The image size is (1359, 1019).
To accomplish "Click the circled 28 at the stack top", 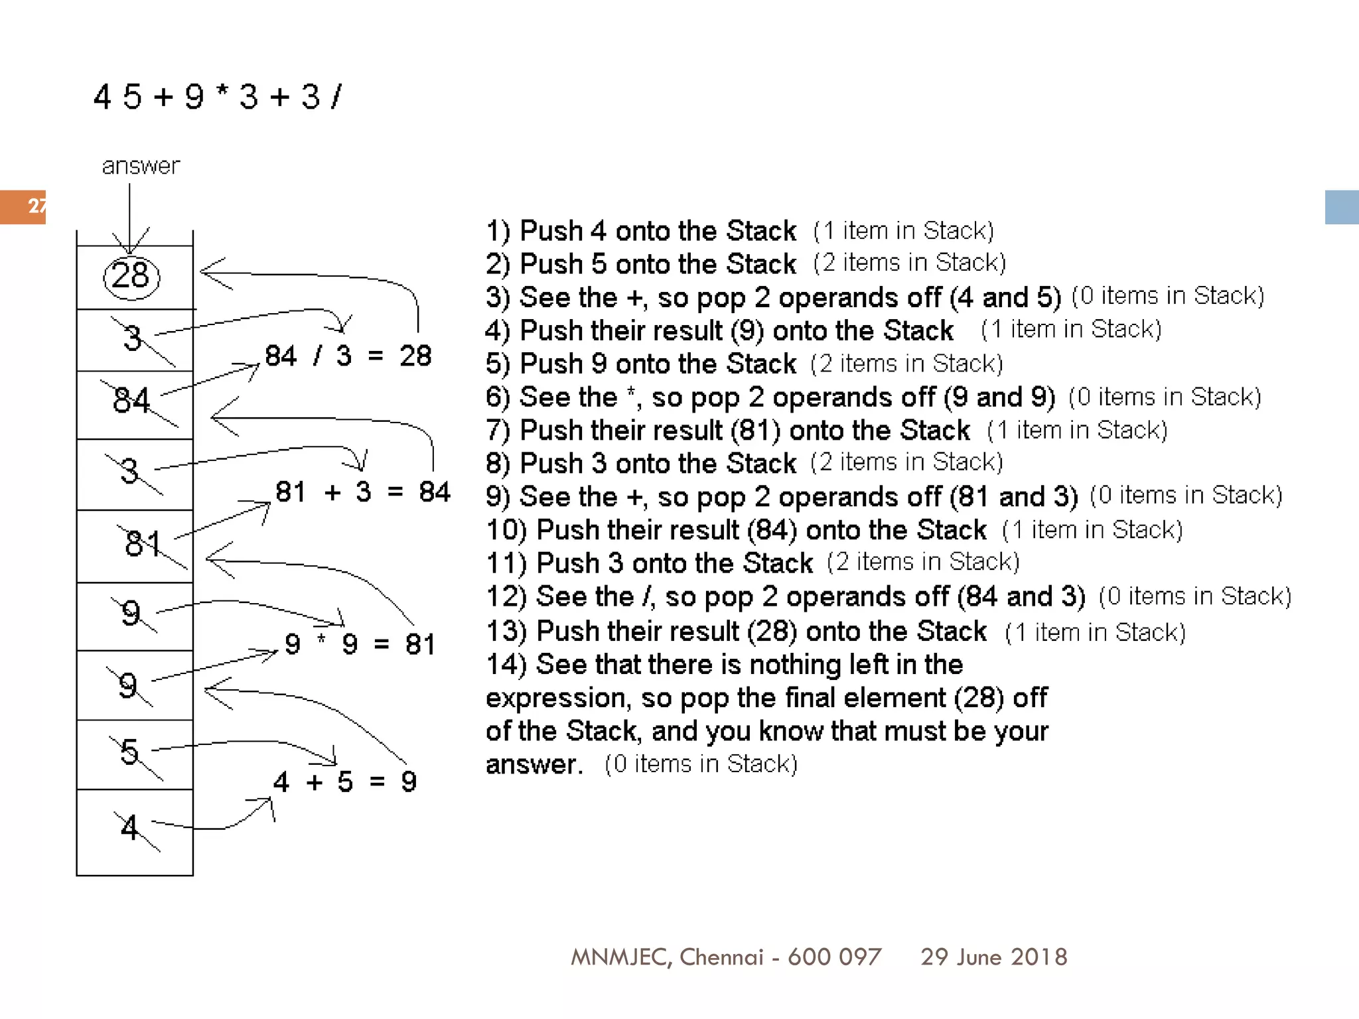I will point(131,276).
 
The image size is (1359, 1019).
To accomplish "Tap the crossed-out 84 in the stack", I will point(132,401).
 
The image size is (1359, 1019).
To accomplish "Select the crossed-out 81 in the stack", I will point(143,543).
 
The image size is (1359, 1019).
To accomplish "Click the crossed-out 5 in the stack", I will point(130,752).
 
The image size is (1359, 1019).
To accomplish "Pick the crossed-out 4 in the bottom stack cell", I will point(130,827).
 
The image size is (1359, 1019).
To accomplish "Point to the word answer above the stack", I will point(141,166).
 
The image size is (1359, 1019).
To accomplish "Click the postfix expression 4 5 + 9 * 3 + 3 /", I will point(218,97).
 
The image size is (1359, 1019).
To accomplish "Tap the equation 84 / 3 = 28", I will point(348,356).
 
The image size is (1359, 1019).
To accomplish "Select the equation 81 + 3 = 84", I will point(362,492).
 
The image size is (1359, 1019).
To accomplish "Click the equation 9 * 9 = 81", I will point(360,644).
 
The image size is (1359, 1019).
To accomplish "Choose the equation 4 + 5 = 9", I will point(344,782).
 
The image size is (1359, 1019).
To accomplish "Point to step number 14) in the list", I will point(506,665).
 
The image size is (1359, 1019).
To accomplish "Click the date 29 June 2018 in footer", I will point(993,957).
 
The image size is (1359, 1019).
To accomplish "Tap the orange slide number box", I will point(23,206).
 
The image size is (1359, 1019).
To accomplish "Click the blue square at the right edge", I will point(1341,207).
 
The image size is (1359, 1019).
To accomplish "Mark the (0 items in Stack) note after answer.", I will point(701,764).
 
